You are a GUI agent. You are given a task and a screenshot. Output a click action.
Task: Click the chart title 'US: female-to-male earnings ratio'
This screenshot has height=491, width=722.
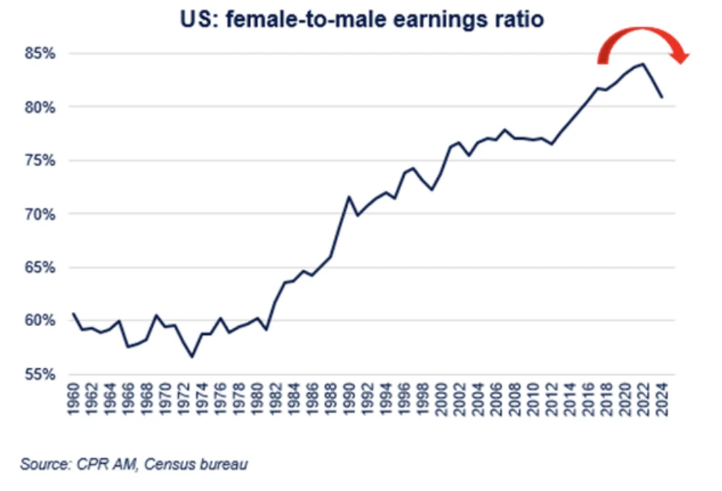361,19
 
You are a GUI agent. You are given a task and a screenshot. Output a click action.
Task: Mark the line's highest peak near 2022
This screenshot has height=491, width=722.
644,64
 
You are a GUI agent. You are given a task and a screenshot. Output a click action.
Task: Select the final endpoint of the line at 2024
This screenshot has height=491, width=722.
663,97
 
